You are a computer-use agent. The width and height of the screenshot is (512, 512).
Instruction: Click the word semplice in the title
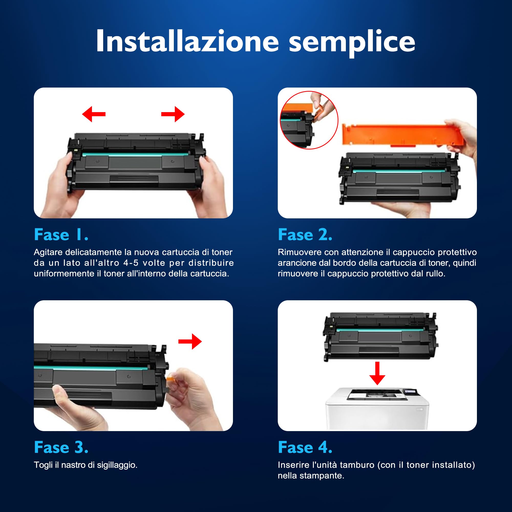point(352,42)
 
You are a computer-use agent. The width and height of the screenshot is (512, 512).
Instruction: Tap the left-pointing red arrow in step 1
point(93,114)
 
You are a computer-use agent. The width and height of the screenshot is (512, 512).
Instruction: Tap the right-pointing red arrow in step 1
point(173,114)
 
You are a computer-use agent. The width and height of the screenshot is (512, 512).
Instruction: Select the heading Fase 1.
point(61,235)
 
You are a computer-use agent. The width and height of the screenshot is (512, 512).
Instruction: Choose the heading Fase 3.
point(61,447)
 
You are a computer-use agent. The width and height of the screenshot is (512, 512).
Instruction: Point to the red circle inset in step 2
point(309,120)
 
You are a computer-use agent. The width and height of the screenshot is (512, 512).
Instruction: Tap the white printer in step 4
point(377,409)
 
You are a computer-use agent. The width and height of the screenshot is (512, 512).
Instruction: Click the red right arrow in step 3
point(190,341)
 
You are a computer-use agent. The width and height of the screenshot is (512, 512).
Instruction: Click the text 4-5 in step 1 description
point(131,263)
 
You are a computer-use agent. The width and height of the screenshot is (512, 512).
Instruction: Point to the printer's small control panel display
point(410,391)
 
